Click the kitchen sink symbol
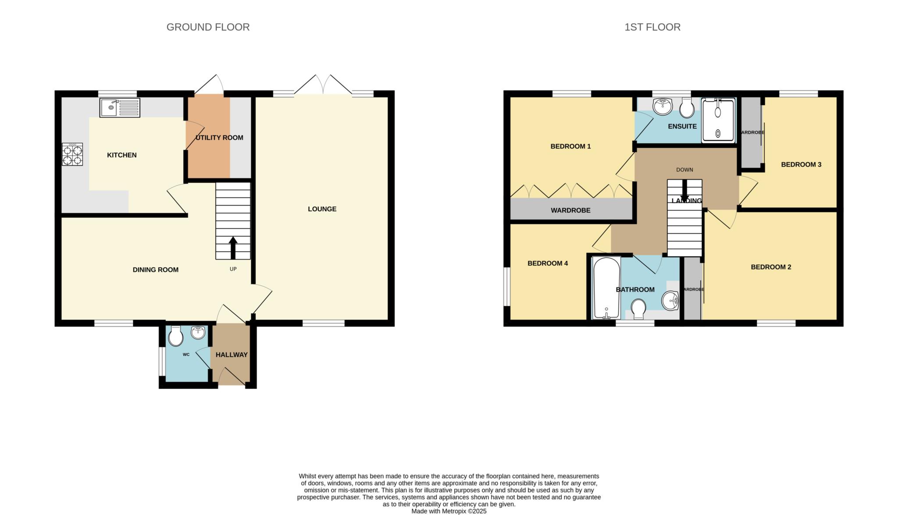pos(119,107)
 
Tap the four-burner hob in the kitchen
pos(72,154)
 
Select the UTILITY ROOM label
pos(219,138)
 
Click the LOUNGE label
pos(322,209)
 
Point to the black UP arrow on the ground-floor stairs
pos(233,248)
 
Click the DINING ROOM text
pos(155,270)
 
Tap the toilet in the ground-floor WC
pos(176,337)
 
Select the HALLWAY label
pos(232,355)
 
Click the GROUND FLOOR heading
pos(208,27)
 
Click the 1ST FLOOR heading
pos(652,27)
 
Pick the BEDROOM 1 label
pos(570,146)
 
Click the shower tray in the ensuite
pos(718,121)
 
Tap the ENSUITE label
pos(682,127)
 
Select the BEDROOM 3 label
pos(801,165)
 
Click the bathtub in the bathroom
pos(606,288)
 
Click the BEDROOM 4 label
pos(547,263)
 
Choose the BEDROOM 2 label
pos(770,267)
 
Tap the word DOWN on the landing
pos(684,170)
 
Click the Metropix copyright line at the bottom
pos(449,511)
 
